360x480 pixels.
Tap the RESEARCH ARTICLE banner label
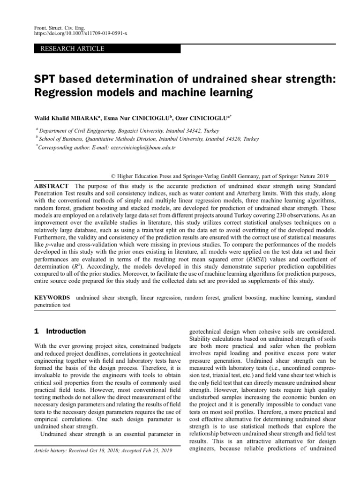click(x=73, y=49)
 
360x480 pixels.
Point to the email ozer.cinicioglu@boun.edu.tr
click(x=142, y=147)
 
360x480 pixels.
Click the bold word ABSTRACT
click(x=52, y=186)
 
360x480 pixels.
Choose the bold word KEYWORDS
click(x=53, y=298)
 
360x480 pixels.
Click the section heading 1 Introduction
click(x=60, y=331)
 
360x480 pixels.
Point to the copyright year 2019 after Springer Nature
click(x=321, y=176)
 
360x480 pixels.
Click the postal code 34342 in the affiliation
click(x=192, y=131)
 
